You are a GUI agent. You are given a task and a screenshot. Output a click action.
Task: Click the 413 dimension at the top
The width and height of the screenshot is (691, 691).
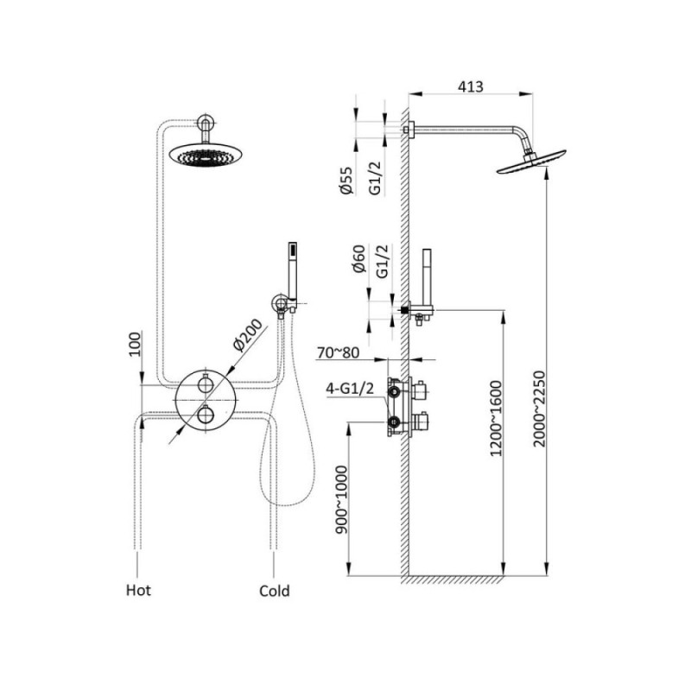470,86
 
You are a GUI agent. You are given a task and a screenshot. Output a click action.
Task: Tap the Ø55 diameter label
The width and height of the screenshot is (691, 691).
346,181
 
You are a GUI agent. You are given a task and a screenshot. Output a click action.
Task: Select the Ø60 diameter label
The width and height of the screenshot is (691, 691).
359,259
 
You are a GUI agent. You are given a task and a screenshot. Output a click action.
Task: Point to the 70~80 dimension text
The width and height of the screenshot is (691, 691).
338,352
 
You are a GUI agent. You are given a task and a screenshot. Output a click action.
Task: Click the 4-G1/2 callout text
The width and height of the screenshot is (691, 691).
350,388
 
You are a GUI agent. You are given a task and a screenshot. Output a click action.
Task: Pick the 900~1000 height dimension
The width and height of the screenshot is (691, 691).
341,500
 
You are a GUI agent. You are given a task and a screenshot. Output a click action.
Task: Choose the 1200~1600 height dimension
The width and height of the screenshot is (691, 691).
496,418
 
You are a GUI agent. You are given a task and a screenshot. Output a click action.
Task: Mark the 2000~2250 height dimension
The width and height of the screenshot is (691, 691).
539,409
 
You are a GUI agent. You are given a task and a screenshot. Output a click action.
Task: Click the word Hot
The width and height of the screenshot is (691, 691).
138,590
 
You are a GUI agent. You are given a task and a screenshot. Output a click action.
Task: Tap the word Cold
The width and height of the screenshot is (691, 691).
274,591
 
